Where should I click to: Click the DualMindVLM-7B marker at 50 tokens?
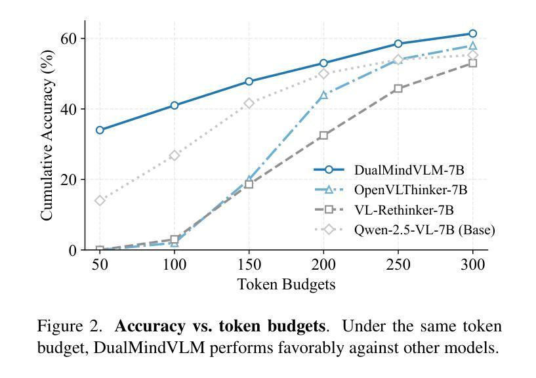pyautogui.click(x=100, y=130)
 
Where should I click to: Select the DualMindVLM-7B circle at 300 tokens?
pyautogui.click(x=472, y=33)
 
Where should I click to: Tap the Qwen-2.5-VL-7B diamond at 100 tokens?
pyautogui.click(x=175, y=156)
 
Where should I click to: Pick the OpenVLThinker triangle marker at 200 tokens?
pyautogui.click(x=323, y=95)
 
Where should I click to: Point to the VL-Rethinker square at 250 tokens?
pyautogui.click(x=398, y=89)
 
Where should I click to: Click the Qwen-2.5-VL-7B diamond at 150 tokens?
pyautogui.click(x=249, y=103)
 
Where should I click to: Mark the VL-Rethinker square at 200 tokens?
pyautogui.click(x=323, y=135)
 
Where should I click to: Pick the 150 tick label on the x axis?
pyautogui.click(x=249, y=264)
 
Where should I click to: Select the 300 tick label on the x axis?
pyautogui.click(x=472, y=264)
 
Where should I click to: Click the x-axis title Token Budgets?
pyautogui.click(x=286, y=284)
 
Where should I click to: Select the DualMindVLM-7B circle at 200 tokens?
pyautogui.click(x=323, y=64)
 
